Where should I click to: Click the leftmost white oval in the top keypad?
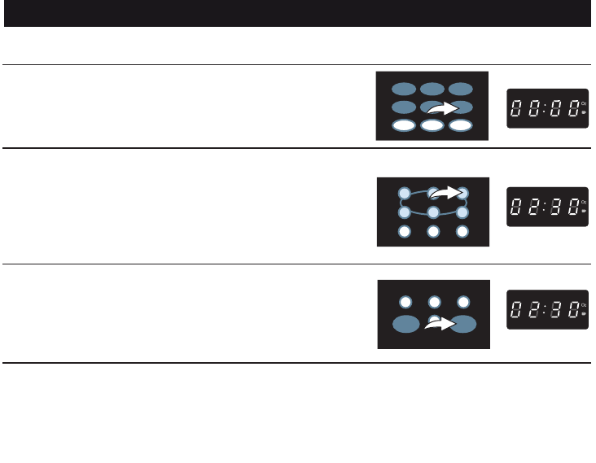(x=403, y=125)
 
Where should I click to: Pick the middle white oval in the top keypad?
(x=432, y=125)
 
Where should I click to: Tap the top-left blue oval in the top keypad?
(x=403, y=89)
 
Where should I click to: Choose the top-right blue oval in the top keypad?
(x=461, y=89)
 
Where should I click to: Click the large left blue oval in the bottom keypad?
(x=405, y=325)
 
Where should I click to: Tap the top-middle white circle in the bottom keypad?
(x=435, y=302)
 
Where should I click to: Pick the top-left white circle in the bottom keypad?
(x=405, y=302)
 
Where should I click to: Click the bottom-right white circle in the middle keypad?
(x=462, y=232)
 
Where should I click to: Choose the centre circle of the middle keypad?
(x=433, y=213)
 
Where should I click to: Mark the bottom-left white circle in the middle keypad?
(x=404, y=232)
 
